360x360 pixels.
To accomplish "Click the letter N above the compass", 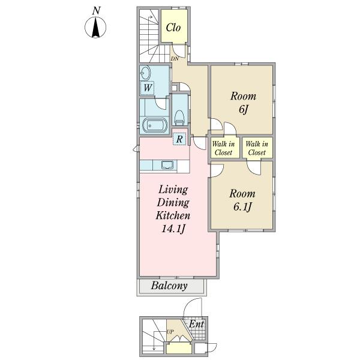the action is (x=96, y=11).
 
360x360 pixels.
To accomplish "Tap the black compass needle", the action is (x=95, y=28).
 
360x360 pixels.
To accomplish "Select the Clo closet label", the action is (x=173, y=28).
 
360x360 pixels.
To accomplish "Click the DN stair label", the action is (x=175, y=59).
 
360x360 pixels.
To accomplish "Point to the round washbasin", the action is (x=145, y=73).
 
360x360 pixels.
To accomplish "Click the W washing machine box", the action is (x=147, y=88).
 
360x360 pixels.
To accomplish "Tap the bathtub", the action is (x=154, y=125).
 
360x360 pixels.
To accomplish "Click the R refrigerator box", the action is (x=179, y=139).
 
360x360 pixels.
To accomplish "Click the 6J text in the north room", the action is (x=244, y=109).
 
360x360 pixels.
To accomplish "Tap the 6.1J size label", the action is (x=242, y=207).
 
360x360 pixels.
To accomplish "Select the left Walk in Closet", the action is (x=223, y=148).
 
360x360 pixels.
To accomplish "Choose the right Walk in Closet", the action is (x=257, y=148).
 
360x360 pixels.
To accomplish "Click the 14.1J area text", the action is (x=173, y=229).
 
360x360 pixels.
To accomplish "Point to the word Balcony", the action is (x=169, y=286).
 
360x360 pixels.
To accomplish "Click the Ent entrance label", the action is (x=196, y=324).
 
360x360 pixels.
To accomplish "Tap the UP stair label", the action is (x=170, y=332).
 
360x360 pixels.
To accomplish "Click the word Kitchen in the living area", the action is (x=173, y=215).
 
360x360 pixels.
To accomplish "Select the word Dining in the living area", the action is (x=173, y=203).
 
